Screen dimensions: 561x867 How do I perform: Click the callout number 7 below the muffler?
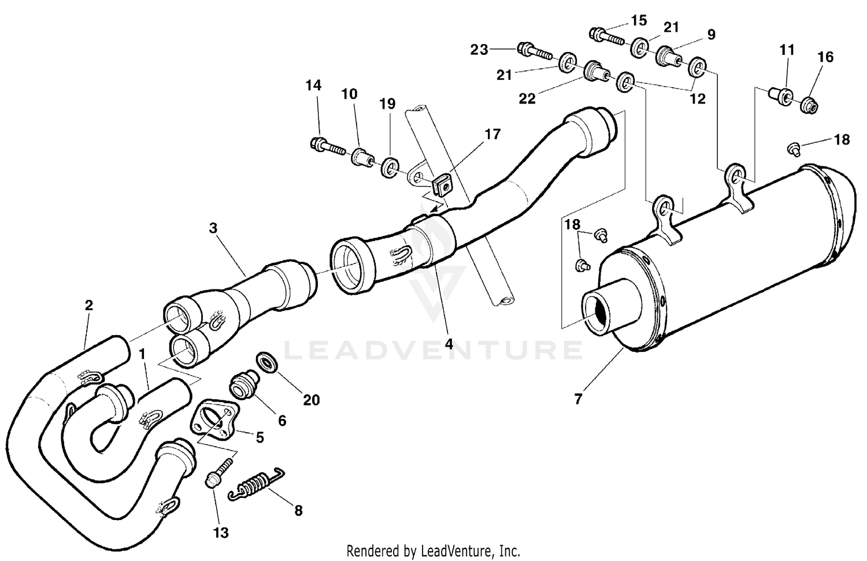[x=579, y=398]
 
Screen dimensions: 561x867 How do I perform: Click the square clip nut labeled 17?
[x=442, y=185]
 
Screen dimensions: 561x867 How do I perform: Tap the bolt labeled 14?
[x=327, y=145]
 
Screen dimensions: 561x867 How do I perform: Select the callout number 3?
[x=213, y=228]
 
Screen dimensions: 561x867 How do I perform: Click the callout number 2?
[x=88, y=305]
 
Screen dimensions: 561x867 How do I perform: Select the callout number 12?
[x=698, y=99]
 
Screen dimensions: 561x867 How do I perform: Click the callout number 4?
[x=449, y=344]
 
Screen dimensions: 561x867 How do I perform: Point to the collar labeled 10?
[x=361, y=157]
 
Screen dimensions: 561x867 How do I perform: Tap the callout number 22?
[x=527, y=99]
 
